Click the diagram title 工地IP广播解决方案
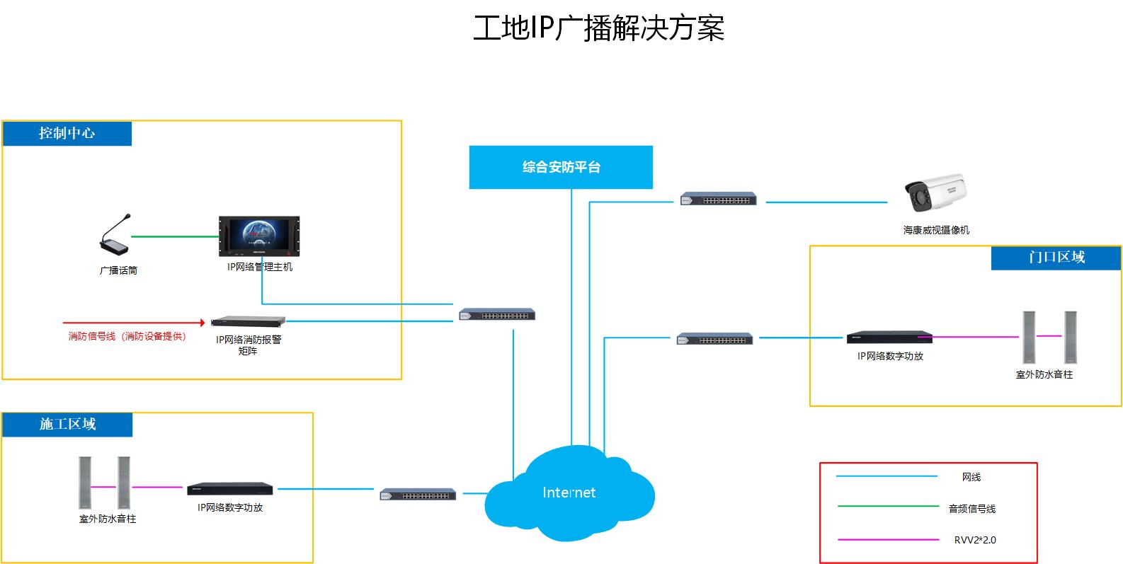point(598,28)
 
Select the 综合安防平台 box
point(561,168)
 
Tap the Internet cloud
point(569,493)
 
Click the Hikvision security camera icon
point(935,192)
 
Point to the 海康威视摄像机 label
point(936,230)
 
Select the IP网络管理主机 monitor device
point(259,236)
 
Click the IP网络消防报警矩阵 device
point(249,321)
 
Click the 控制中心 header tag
point(67,134)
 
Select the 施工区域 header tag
point(67,425)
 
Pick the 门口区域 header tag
point(1056,258)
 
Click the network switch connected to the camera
point(719,199)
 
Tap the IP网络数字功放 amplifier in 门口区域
point(889,338)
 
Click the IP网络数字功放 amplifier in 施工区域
point(230,489)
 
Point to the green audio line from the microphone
point(174,236)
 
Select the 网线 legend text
point(971,477)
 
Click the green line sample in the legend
point(888,507)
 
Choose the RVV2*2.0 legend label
point(974,540)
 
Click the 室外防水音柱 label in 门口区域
point(1044,374)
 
